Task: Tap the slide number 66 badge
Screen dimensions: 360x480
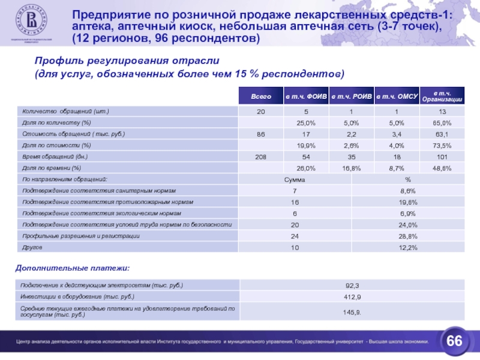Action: (x=454, y=341)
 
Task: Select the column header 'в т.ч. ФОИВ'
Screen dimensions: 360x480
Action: (x=306, y=97)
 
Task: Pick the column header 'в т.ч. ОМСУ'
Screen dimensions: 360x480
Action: (x=397, y=97)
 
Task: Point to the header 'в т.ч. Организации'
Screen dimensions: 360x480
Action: (x=443, y=96)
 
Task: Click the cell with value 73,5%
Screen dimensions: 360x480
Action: (x=443, y=146)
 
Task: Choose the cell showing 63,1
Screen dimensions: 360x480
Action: (x=443, y=134)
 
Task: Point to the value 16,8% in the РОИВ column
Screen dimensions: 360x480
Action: (x=352, y=168)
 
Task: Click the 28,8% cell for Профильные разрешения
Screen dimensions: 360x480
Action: (x=408, y=236)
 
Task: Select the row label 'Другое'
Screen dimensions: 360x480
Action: (x=31, y=247)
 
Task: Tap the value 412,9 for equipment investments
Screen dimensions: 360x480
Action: (x=352, y=297)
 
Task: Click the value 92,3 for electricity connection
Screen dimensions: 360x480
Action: (x=352, y=286)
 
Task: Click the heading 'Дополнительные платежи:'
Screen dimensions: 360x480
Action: (x=72, y=266)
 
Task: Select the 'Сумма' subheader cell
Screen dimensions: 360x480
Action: (x=295, y=179)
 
